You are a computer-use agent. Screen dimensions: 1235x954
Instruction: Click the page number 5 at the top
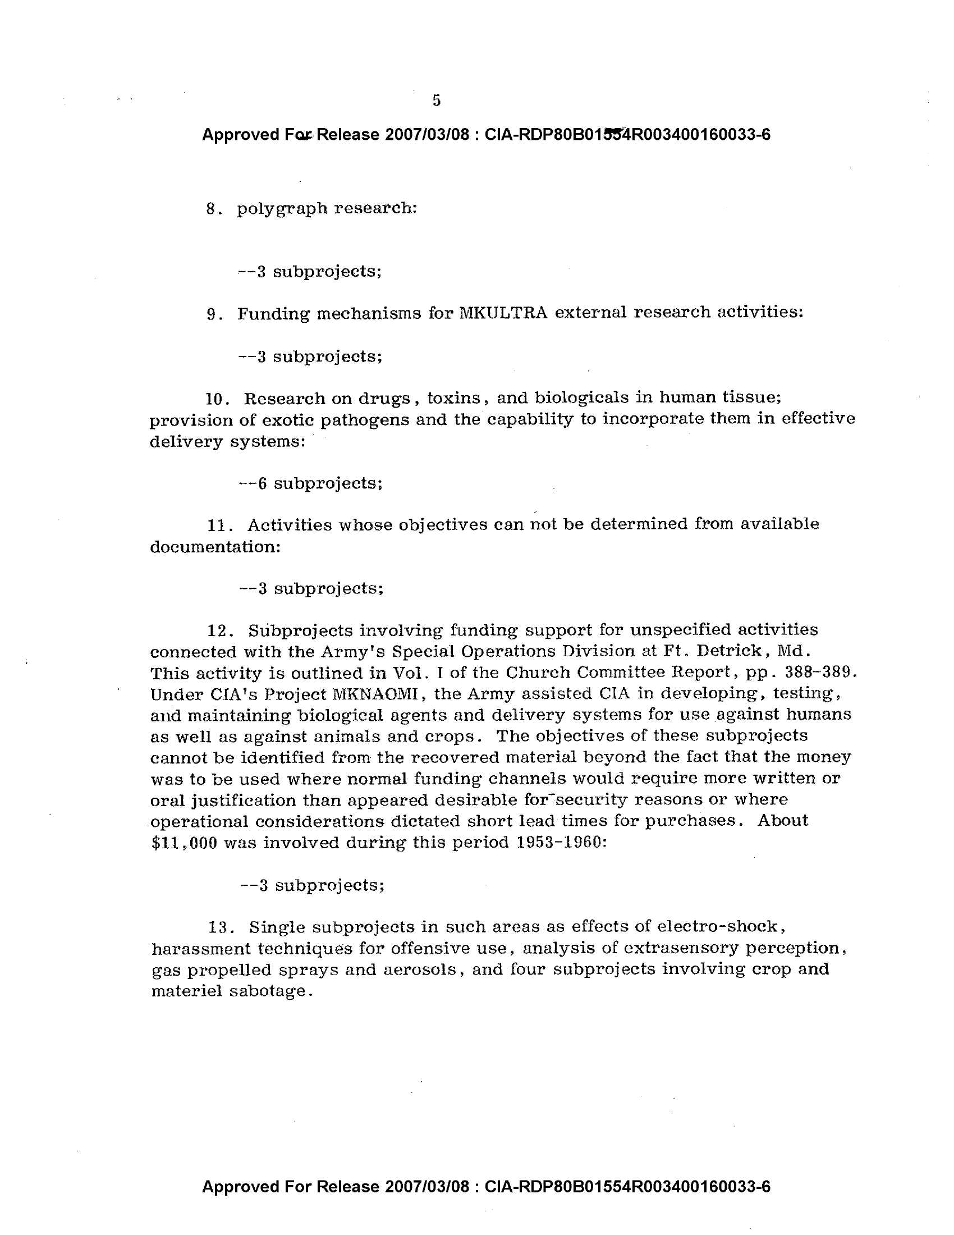436,100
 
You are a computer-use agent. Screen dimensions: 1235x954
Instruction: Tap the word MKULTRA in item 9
503,313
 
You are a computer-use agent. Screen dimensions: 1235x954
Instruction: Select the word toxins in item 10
454,398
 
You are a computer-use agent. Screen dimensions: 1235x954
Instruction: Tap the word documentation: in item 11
215,547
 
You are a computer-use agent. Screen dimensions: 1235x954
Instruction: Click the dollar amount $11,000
185,843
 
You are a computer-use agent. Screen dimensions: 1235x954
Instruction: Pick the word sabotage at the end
270,992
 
